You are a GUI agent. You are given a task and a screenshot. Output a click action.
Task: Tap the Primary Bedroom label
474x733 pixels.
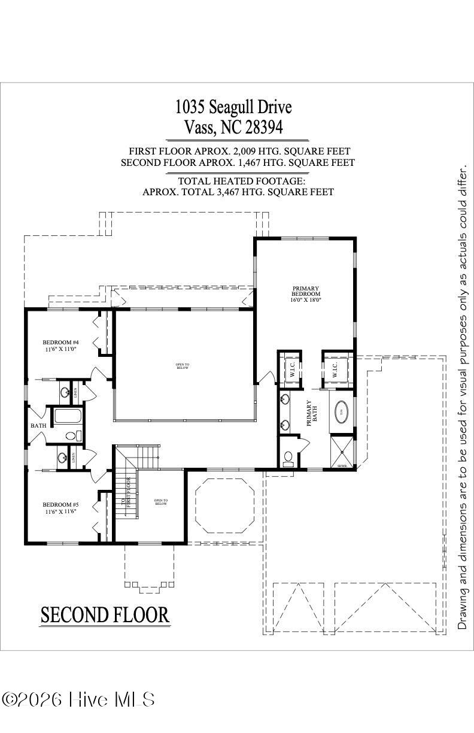click(x=306, y=290)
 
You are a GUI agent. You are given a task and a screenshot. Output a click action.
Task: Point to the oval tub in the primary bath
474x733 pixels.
click(x=343, y=412)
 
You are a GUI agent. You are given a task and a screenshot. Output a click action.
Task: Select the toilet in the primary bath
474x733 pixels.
click(x=288, y=459)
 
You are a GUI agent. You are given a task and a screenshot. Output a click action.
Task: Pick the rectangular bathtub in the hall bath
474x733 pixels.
click(x=68, y=417)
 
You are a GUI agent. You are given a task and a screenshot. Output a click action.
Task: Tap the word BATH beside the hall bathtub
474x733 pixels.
click(x=39, y=426)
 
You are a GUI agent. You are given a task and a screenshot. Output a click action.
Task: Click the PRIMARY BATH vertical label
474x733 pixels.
click(x=310, y=413)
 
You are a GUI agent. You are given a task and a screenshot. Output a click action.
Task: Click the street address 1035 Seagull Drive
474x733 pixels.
click(x=233, y=107)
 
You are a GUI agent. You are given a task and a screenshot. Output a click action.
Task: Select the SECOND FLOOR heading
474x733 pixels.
click(x=105, y=614)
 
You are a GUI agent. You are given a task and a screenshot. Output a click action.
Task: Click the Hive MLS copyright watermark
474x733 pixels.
click(x=78, y=699)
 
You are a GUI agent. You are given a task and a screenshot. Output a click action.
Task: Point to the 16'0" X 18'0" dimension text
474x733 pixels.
click(x=306, y=299)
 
